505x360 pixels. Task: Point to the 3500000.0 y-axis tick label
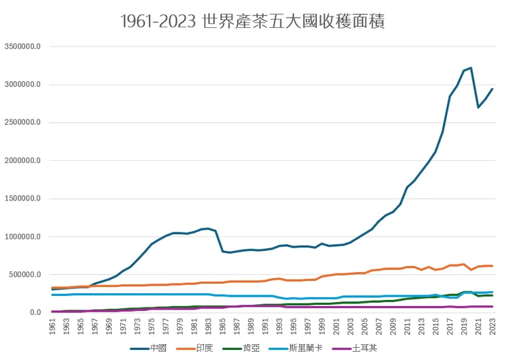point(23,47)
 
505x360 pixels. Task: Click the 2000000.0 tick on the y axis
point(23,161)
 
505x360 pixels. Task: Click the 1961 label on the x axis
point(53,327)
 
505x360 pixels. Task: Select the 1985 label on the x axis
point(223,327)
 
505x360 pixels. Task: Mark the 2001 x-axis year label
point(336,327)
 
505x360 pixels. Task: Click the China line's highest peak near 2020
point(471,67)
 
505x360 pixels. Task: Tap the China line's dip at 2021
point(478,107)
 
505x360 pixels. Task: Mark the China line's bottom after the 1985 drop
point(230,252)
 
